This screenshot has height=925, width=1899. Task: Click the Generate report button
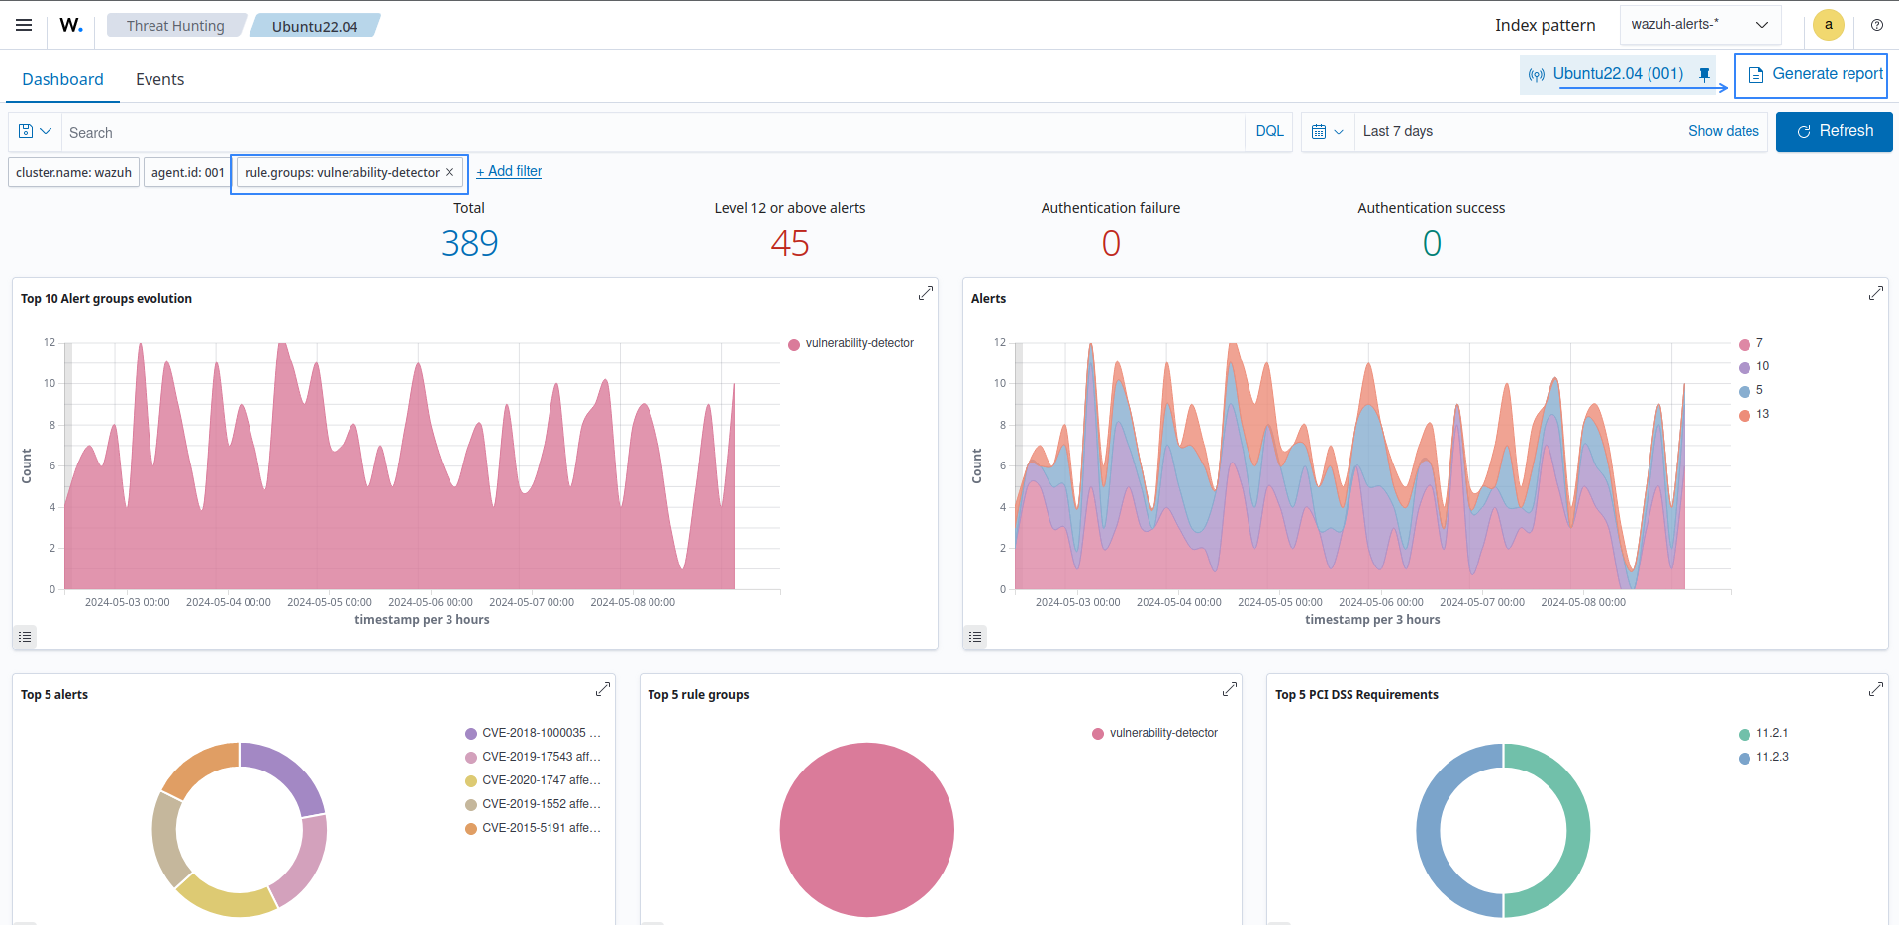coord(1815,74)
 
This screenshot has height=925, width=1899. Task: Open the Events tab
coord(159,79)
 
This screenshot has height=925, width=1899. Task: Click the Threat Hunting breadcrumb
coord(175,26)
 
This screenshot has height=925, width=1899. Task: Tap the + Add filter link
coord(509,171)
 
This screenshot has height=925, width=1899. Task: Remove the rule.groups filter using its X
coord(450,172)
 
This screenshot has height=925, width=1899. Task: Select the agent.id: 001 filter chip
coord(187,172)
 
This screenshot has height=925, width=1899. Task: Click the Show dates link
coord(1723,131)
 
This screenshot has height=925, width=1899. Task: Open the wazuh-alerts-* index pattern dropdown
coord(1699,25)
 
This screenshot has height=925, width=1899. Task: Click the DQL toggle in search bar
coord(1269,131)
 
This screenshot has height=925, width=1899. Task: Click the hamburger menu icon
coord(24,25)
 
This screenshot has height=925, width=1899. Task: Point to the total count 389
coord(469,243)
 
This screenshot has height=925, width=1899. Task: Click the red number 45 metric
coord(789,243)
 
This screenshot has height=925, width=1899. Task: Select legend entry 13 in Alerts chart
coord(1761,414)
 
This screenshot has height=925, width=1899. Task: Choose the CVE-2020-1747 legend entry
coord(540,780)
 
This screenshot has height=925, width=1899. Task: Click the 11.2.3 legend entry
coord(1771,757)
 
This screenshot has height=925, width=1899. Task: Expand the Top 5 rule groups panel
coord(1229,689)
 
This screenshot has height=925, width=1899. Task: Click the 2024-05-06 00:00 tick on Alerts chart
coord(1380,602)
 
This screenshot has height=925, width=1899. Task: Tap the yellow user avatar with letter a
coord(1828,25)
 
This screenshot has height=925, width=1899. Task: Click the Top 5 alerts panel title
coord(54,694)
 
